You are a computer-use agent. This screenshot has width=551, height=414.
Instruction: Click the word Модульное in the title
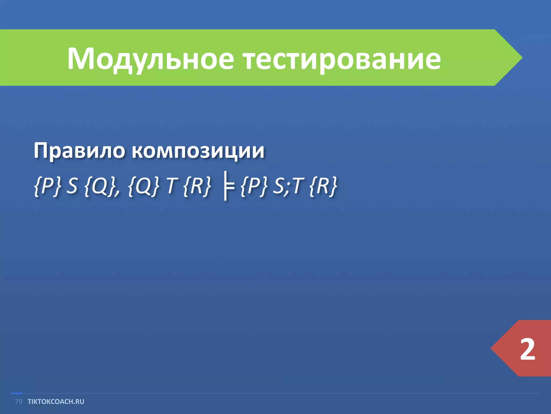click(x=151, y=59)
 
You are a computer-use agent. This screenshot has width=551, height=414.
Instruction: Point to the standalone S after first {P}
click(x=72, y=186)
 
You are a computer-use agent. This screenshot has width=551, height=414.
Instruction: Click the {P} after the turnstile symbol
click(x=254, y=186)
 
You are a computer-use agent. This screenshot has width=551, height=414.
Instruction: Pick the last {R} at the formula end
click(x=323, y=186)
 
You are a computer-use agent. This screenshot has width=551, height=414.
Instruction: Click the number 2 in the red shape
click(x=527, y=349)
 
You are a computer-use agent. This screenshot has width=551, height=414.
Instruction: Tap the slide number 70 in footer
click(x=18, y=402)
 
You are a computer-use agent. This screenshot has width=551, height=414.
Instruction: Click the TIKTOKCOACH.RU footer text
click(x=56, y=402)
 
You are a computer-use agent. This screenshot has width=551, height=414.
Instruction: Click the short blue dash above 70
click(x=16, y=394)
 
